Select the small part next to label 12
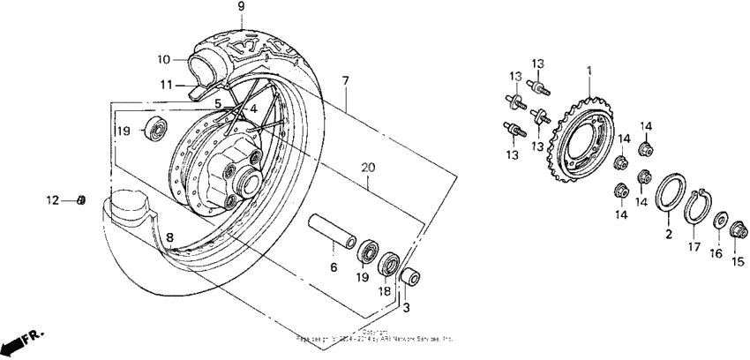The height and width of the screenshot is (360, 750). [82, 200]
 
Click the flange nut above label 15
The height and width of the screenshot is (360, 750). [735, 231]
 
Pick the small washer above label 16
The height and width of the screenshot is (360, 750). [720, 220]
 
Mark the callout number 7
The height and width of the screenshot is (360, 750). [345, 80]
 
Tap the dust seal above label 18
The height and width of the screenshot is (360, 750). [387, 265]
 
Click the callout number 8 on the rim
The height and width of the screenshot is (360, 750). [171, 236]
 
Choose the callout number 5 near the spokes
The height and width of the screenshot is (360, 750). [217, 102]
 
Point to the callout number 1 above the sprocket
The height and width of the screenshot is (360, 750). [589, 69]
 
